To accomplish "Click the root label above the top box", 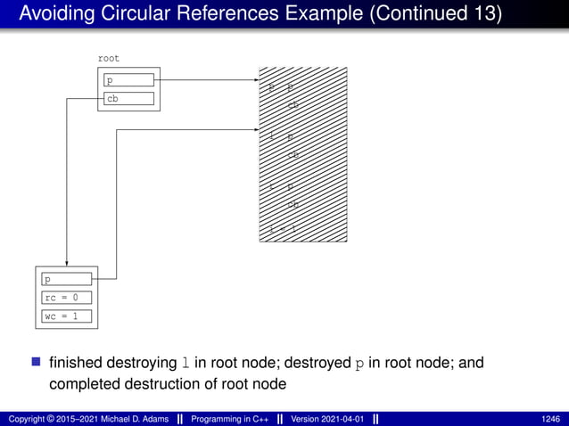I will [x=108, y=58].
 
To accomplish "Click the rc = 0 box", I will [x=67, y=298].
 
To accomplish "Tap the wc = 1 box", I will [x=67, y=316].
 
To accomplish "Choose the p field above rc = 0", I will [x=67, y=279].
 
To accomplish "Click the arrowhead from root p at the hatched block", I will [x=254, y=80].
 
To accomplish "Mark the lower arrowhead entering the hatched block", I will [x=254, y=130].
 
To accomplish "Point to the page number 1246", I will [x=550, y=418].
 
